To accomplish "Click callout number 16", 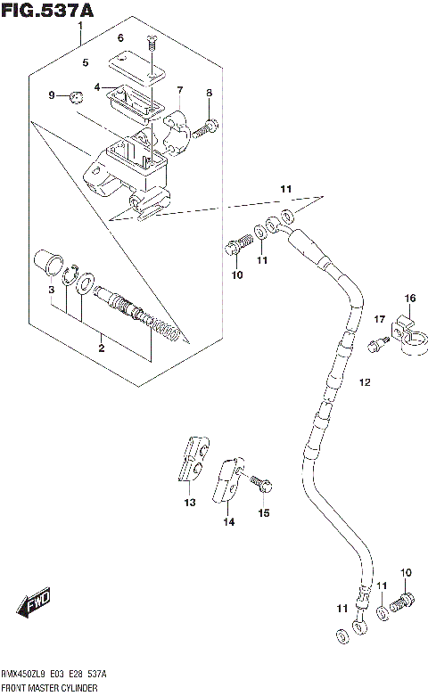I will point(410,298).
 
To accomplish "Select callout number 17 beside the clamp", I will point(378,319).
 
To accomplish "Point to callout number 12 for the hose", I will point(364,382).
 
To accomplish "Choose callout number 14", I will point(228,522).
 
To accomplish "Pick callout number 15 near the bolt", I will point(263,512).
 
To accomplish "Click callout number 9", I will point(52,95).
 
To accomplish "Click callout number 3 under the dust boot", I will point(52,291).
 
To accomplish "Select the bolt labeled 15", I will point(260,484).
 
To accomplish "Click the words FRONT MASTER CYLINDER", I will point(53,689).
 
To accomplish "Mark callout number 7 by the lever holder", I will point(179,90).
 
